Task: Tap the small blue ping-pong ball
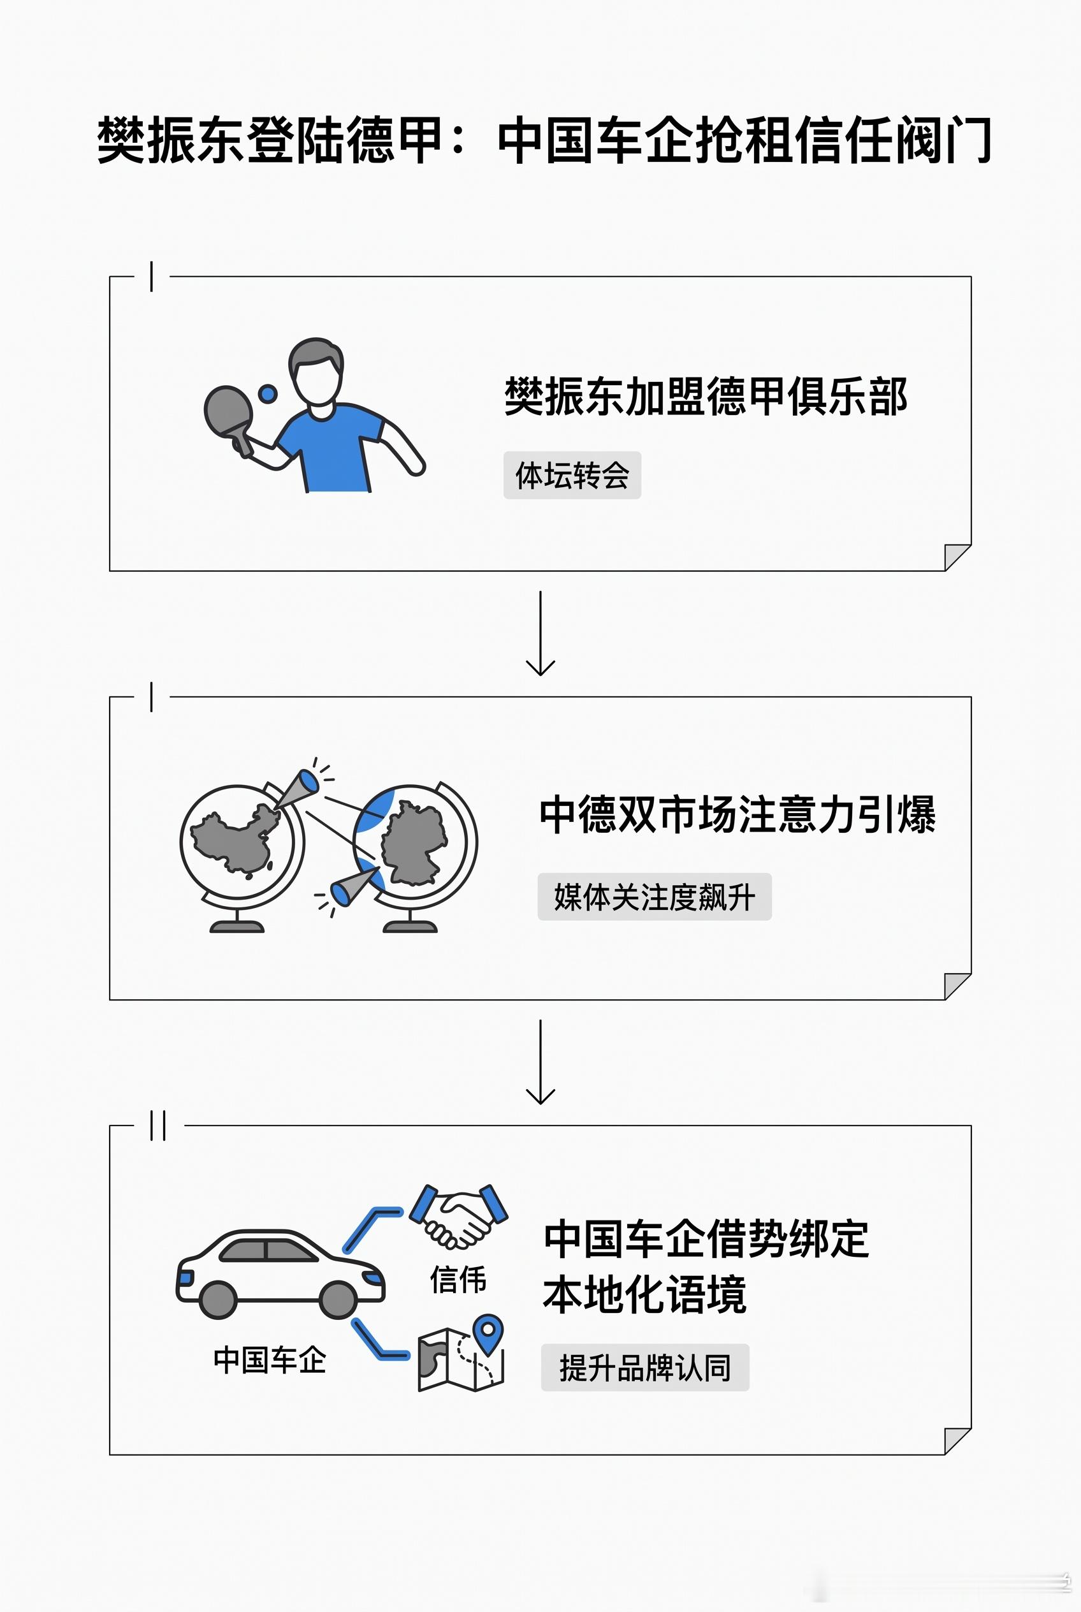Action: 268,394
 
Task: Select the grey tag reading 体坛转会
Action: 572,475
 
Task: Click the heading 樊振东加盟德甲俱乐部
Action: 706,397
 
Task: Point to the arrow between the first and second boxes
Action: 540,633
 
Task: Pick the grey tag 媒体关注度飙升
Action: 654,897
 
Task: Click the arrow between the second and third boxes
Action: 540,1062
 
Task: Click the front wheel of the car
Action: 338,1300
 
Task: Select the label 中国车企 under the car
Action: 270,1359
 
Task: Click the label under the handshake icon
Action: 458,1279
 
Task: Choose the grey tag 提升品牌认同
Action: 645,1367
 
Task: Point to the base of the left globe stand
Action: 236,927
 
